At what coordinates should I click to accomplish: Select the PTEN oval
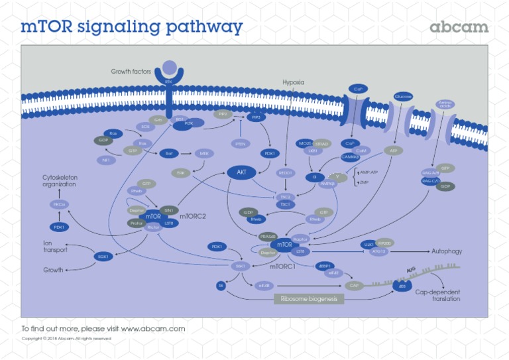[240, 143]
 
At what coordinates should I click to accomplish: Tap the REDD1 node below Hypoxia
[286, 173]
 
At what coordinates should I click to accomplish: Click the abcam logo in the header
[459, 27]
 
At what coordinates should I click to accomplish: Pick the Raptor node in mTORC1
[300, 239]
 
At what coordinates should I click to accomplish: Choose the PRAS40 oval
[268, 236]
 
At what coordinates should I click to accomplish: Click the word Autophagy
[446, 252]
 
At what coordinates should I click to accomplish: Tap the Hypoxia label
[294, 82]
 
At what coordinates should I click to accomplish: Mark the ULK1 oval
[368, 245]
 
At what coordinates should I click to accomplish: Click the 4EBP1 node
[324, 266]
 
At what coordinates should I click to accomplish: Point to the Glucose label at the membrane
[403, 97]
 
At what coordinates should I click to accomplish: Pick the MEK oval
[203, 153]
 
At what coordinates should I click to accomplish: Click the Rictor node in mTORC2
[153, 227]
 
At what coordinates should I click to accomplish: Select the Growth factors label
[131, 71]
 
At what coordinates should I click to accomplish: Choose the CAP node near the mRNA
[354, 285]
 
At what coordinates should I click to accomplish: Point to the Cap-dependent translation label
[437, 295]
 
